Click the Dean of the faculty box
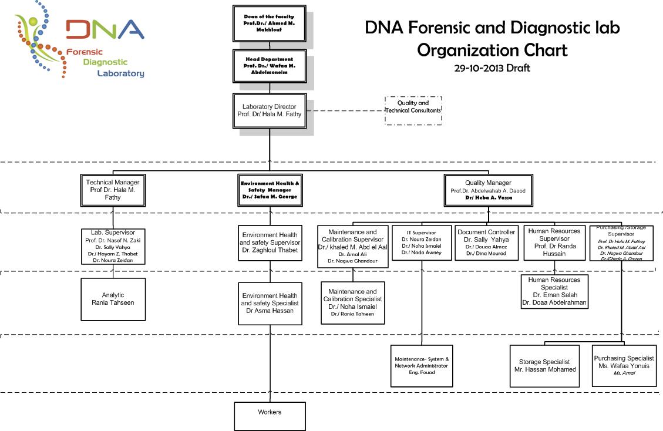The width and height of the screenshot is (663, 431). click(270, 24)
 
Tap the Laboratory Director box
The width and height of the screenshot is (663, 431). click(270, 110)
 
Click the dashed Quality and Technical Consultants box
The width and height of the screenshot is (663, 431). click(413, 110)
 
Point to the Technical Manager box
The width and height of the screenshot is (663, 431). click(112, 190)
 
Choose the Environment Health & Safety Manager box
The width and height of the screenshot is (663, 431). click(270, 190)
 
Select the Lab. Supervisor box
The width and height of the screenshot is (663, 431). click(112, 246)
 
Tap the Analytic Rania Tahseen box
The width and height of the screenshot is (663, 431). click(113, 299)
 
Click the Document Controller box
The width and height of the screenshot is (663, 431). click(487, 247)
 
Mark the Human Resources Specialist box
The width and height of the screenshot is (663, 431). click(554, 291)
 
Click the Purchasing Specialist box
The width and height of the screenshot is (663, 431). click(624, 365)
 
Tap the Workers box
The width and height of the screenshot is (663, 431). click(270, 415)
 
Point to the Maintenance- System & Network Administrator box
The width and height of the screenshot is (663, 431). click(422, 365)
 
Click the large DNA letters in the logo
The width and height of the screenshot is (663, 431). click(105, 30)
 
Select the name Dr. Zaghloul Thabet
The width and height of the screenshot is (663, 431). click(270, 250)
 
